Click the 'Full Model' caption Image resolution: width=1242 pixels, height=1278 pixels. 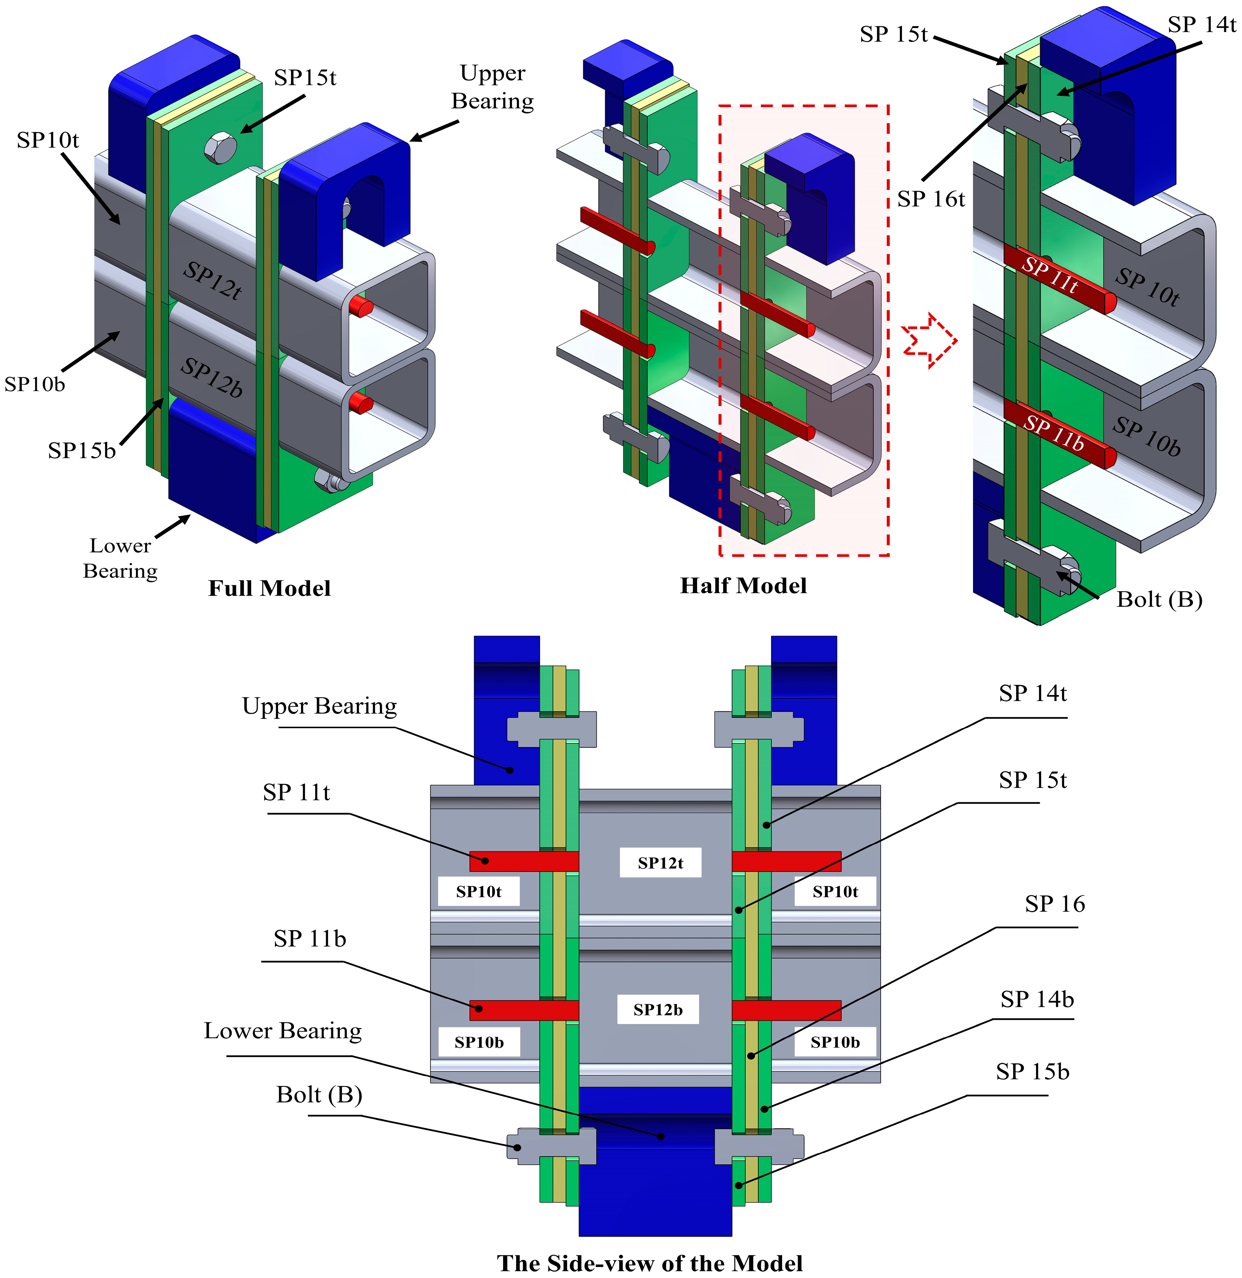pos(270,589)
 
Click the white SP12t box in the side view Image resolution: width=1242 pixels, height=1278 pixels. pos(660,862)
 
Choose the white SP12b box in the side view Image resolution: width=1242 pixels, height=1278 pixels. pos(658,1009)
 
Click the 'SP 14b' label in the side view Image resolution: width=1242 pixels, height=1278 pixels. pos(1037,999)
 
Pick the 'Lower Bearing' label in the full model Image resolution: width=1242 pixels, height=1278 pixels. pos(121,558)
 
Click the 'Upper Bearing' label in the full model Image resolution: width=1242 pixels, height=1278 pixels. pos(493,87)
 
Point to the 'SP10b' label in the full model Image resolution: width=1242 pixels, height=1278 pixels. pos(34,384)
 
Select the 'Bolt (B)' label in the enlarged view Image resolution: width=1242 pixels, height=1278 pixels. pos(1159,599)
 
